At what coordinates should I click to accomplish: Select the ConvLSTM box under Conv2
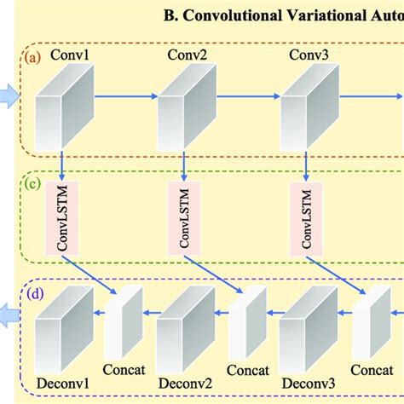point(184,216)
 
